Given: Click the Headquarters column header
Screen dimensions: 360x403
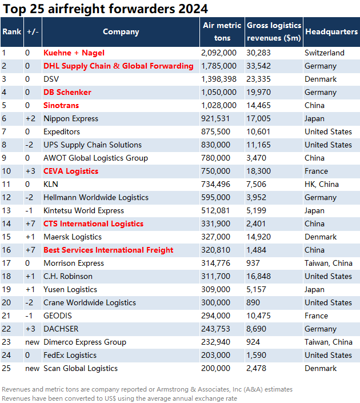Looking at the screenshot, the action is tap(331, 31).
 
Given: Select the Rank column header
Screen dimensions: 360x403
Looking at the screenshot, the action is tap(12, 31).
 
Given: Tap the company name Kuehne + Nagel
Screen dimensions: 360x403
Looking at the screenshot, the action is tap(74, 53).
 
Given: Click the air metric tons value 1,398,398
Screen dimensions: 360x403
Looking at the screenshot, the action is tap(219, 79).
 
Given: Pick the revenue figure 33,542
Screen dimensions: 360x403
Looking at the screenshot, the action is tap(258, 66).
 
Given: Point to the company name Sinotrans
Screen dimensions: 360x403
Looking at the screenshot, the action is tap(61, 105).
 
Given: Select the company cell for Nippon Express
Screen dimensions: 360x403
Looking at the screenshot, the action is tap(71, 118).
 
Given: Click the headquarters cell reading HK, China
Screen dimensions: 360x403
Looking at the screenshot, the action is tap(322, 184).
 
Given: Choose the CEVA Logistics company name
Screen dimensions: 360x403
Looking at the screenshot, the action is tap(71, 171).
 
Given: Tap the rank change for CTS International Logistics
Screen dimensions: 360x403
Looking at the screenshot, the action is tap(30, 224).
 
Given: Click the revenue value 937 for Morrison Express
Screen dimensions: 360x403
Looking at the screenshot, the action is tap(253, 263).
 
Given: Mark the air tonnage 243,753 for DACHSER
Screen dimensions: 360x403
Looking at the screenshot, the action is tap(215, 329).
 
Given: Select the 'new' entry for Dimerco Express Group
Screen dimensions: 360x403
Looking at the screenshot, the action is tap(32, 342).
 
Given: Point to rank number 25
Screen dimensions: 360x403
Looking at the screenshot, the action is tap(6, 368).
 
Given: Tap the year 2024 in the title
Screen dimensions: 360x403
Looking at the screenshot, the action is tap(193, 9).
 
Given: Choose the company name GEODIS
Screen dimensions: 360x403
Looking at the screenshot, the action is tap(58, 316).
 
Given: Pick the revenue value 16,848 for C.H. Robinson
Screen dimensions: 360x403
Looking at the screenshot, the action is tap(258, 276).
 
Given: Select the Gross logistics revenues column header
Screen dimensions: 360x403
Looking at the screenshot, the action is tap(274, 31).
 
